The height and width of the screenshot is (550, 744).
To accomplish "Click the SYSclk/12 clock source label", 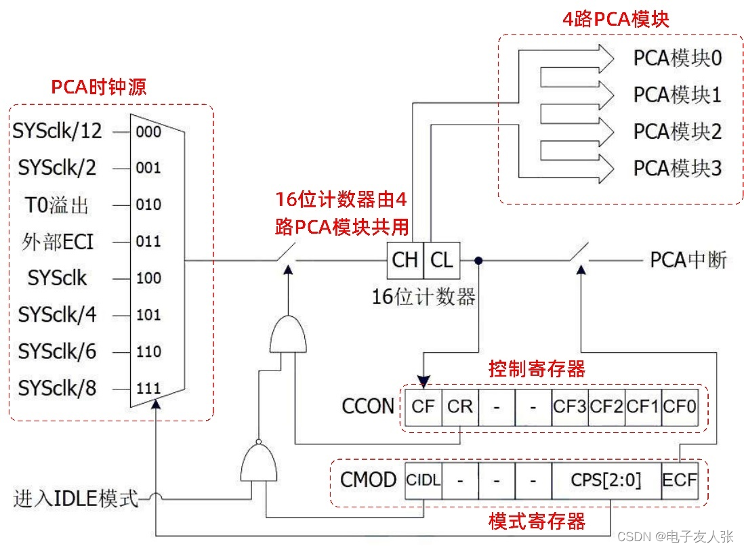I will point(57,131).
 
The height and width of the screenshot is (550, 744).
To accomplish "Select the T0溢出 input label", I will point(57,205).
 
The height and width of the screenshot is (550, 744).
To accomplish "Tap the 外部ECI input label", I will point(57,242).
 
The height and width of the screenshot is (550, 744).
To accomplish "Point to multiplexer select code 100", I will point(148,278).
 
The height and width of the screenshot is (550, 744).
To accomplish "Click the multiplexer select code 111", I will point(148,389).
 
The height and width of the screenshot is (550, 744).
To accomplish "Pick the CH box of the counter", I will point(405,260).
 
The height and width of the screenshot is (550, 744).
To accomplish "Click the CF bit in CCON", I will point(423,406).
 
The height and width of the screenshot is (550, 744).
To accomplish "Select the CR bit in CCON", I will point(460,406).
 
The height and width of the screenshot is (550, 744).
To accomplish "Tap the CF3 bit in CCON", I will point(570,406).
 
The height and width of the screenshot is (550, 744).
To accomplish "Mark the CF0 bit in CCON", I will point(679,406).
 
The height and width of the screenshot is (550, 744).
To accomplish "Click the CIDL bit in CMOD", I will point(423,480).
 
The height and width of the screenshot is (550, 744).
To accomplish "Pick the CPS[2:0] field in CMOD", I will point(606,480).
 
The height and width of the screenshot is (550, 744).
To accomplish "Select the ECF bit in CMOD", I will point(679,480).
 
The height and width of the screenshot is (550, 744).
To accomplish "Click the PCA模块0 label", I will point(677,58).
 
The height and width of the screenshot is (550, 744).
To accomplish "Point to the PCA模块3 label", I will point(677,168).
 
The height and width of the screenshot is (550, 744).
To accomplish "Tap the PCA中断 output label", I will point(688,260).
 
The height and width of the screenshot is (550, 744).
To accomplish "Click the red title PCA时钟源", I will point(99,87).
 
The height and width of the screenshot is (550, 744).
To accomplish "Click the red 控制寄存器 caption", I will point(537,370).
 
